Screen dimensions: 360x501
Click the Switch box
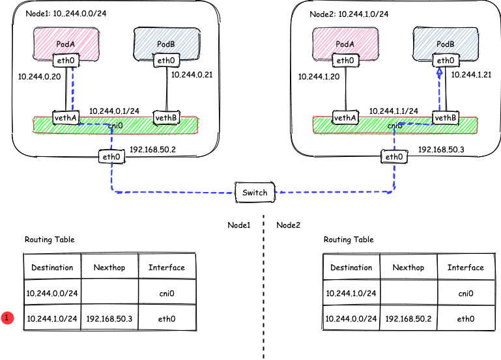(x=255, y=193)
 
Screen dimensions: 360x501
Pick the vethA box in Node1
(x=66, y=118)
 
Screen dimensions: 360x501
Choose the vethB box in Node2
(x=445, y=118)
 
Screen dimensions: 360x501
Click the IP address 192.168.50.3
(x=440, y=149)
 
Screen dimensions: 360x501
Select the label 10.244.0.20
(x=40, y=76)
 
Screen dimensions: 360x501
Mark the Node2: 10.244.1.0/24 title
(x=351, y=14)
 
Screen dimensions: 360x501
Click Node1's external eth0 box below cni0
(x=110, y=156)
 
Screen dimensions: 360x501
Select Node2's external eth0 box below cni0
(x=394, y=156)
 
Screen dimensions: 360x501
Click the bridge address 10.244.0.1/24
(x=114, y=111)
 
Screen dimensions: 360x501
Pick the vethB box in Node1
(x=165, y=118)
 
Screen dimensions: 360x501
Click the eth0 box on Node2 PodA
(x=345, y=61)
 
